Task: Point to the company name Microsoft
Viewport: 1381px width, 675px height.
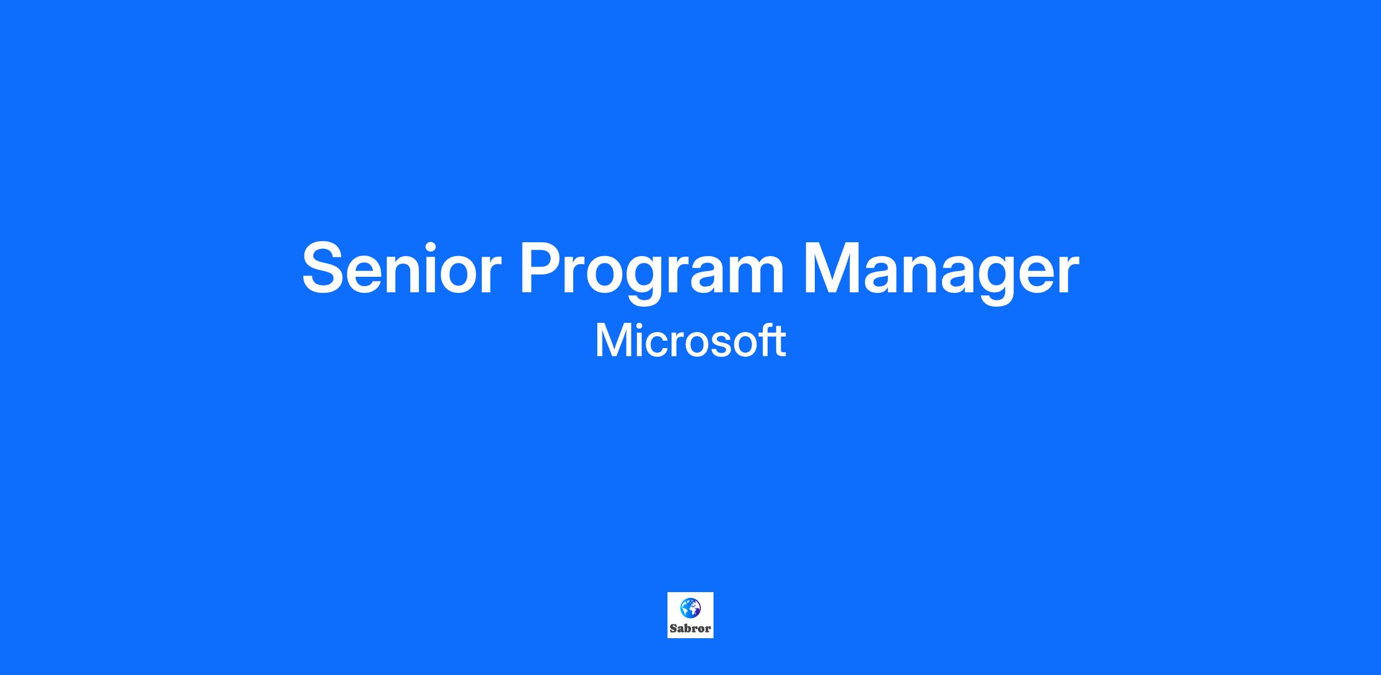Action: (690, 341)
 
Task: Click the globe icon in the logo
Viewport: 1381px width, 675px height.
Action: (690, 608)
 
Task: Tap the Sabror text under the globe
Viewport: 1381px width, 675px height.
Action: (690, 628)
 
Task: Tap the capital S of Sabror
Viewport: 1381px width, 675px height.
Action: (673, 629)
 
